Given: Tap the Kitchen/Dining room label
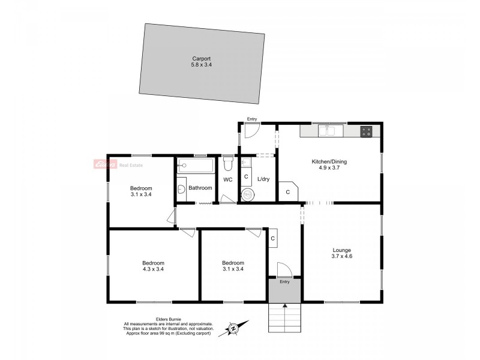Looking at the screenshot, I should (329, 162).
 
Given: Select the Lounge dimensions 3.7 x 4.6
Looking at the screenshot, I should (341, 256).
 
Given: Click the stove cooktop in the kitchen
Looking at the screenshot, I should (366, 131).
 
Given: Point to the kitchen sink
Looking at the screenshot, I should (327, 130).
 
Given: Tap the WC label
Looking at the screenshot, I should (227, 179).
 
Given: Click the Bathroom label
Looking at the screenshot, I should (200, 188).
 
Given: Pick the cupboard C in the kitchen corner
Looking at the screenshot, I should (287, 192).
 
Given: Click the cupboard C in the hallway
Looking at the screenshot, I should (273, 238).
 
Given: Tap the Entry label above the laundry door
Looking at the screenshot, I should (252, 119).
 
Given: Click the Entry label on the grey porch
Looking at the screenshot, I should (284, 282).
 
